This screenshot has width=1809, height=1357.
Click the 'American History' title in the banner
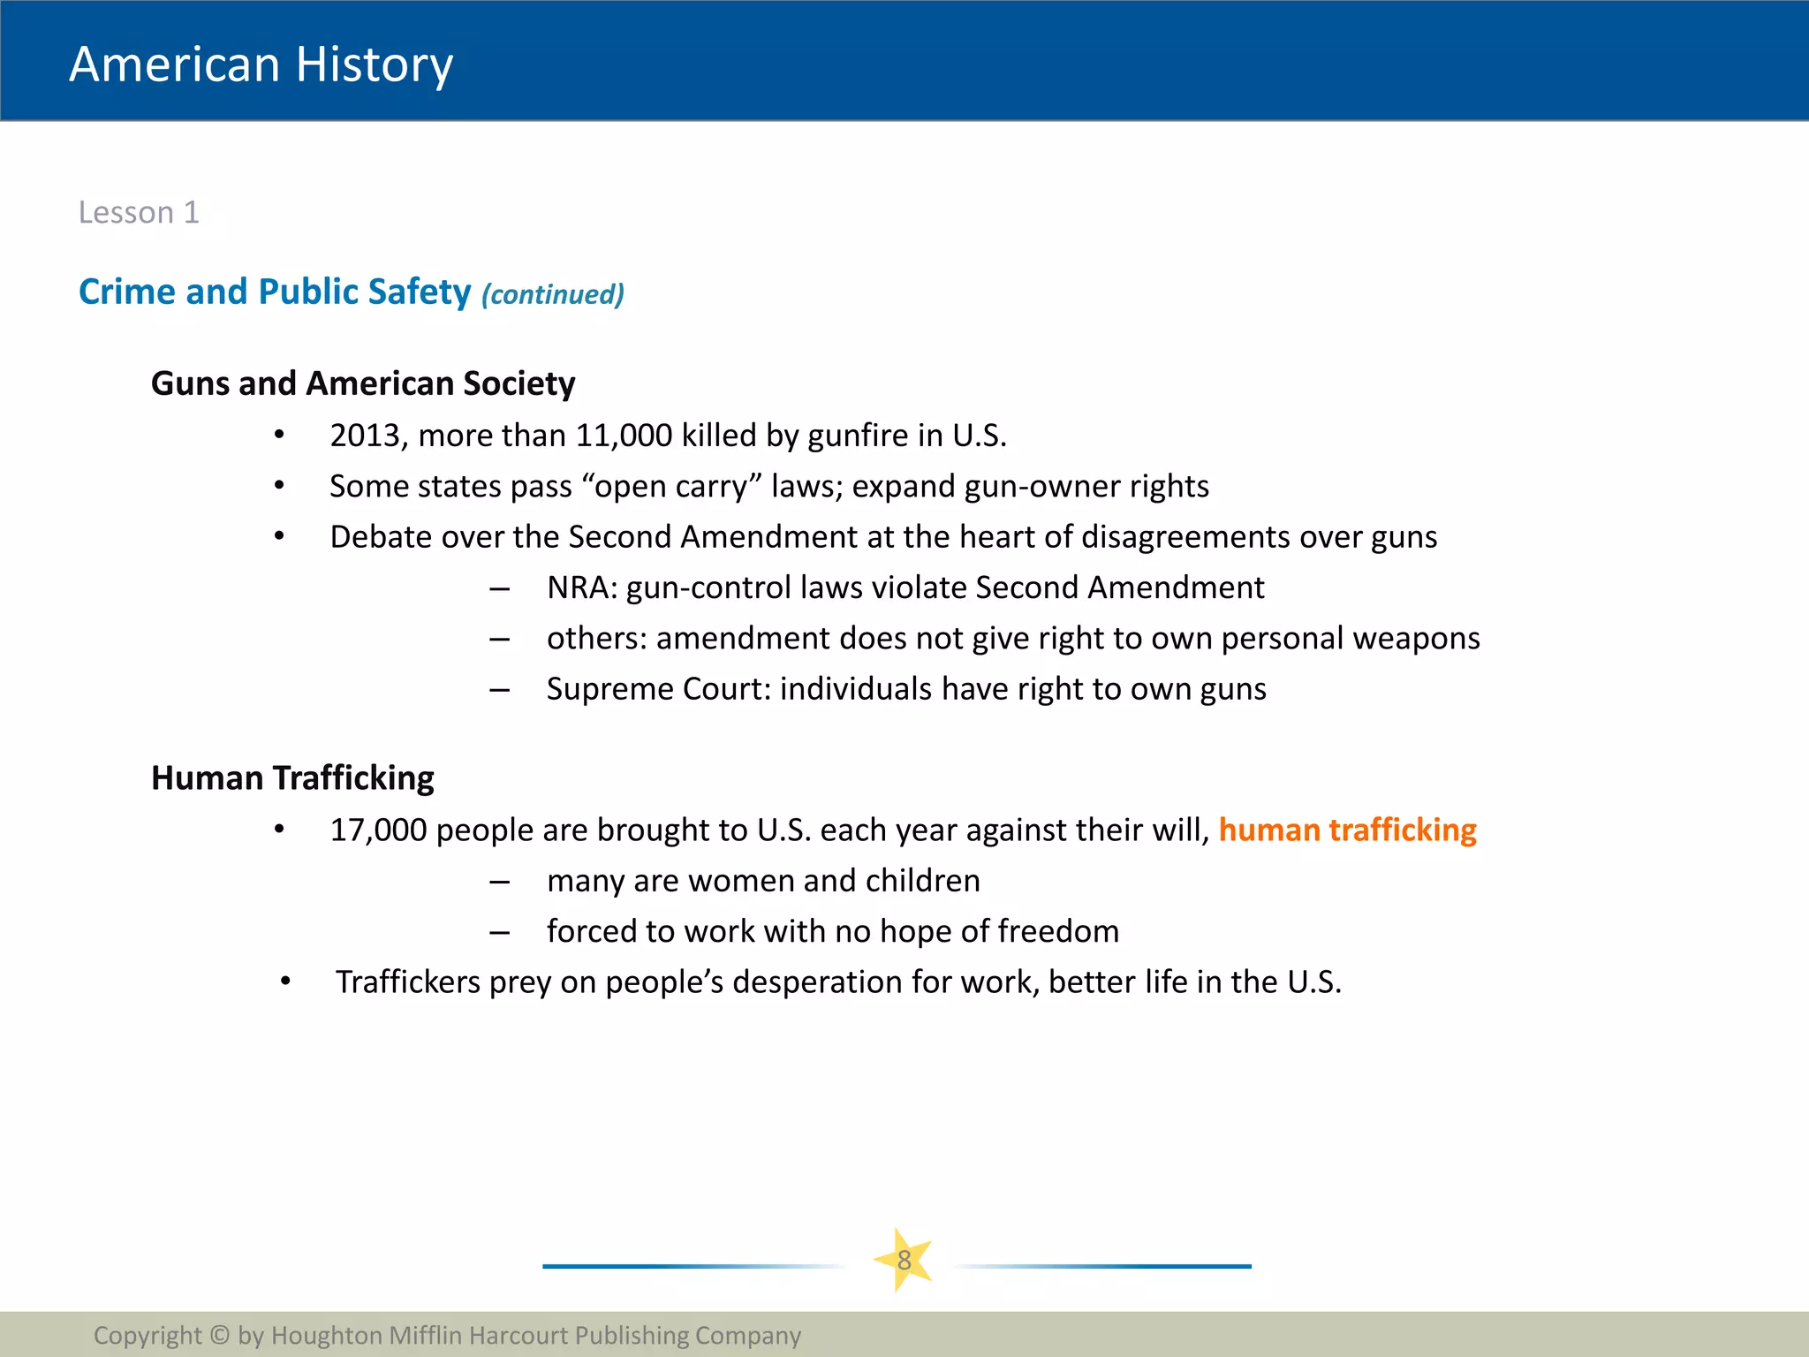pyautogui.click(x=261, y=64)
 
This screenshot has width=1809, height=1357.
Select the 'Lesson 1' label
pyautogui.click(x=139, y=212)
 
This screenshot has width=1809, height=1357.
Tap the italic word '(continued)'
pyautogui.click(x=553, y=294)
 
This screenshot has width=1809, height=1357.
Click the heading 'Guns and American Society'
pyautogui.click(x=363, y=383)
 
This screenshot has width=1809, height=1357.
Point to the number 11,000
pyautogui.click(x=624, y=436)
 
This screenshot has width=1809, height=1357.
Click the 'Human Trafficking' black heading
pyautogui.click(x=292, y=778)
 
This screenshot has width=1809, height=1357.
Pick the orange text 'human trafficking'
pyautogui.click(x=1347, y=830)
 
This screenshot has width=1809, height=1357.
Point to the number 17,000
pyautogui.click(x=378, y=830)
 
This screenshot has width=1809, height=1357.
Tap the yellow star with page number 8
pyautogui.click(x=904, y=1261)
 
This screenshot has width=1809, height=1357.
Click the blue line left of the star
pyautogui.click(x=689, y=1266)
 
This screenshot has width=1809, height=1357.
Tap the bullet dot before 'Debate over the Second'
pyautogui.click(x=279, y=536)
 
